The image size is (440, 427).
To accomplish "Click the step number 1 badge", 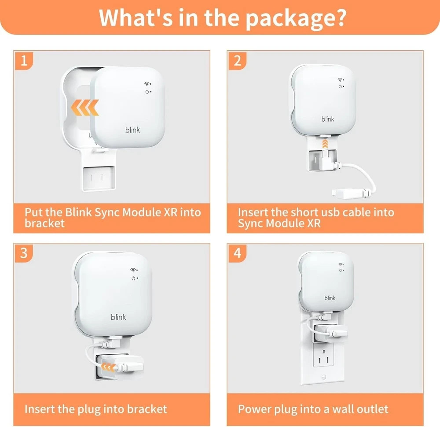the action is tap(24, 60).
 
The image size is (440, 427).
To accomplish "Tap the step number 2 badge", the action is tap(237, 60).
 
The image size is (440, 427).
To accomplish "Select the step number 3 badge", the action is tap(24, 253).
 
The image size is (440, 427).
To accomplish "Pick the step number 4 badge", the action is tap(237, 253).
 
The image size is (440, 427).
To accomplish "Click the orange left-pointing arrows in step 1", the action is tap(84, 108).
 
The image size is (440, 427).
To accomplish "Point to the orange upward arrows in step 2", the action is tap(325, 143).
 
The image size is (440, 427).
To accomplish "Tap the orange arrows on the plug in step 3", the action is tap(108, 367).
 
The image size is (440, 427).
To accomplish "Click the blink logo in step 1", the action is tap(132, 130).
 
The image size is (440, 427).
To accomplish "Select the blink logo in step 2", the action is tap(328, 119).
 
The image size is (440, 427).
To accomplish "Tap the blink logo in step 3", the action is tap(118, 317).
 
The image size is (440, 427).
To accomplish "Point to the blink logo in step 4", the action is tap(330, 298).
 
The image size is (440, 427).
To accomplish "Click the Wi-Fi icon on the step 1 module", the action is tap(147, 84).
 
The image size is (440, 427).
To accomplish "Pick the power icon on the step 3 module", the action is tap(133, 278).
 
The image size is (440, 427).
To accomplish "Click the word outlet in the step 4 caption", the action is tap(374, 409).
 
